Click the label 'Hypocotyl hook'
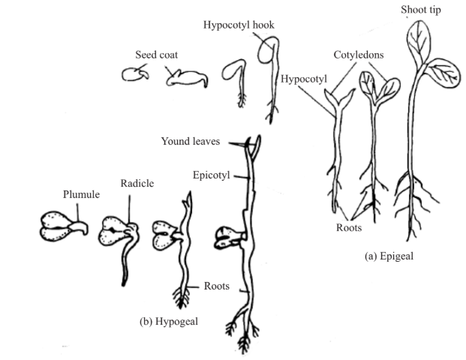239,24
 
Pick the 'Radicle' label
135,184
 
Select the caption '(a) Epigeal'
388,255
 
